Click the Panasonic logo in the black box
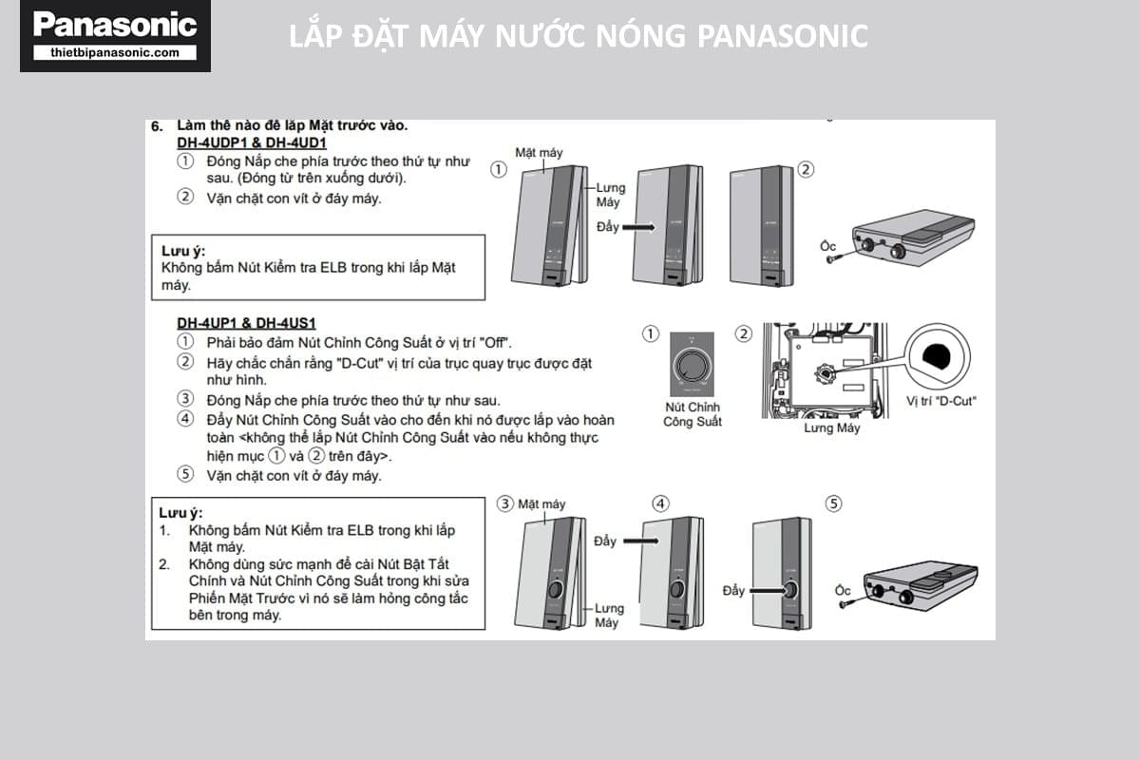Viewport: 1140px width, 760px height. click(x=115, y=26)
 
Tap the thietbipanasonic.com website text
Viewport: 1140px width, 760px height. click(x=115, y=53)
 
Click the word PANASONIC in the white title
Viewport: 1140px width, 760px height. click(x=782, y=36)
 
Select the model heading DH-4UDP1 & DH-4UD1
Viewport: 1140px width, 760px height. click(x=252, y=142)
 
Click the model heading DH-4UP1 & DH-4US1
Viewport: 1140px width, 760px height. click(x=247, y=323)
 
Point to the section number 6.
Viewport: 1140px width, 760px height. click(x=157, y=125)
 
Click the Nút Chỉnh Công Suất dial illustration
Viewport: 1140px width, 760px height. click(x=692, y=364)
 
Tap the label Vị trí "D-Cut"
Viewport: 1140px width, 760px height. click(x=940, y=401)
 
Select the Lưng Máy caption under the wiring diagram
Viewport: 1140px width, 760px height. click(x=831, y=428)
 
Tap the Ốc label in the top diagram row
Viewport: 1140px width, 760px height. click(x=827, y=246)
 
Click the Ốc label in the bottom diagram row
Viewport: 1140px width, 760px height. click(x=843, y=590)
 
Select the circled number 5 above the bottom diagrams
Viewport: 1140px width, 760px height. click(x=834, y=503)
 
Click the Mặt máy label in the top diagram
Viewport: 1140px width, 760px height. click(x=539, y=152)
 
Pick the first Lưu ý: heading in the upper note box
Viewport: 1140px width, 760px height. click(x=181, y=250)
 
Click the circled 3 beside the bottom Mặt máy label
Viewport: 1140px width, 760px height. click(x=506, y=503)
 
